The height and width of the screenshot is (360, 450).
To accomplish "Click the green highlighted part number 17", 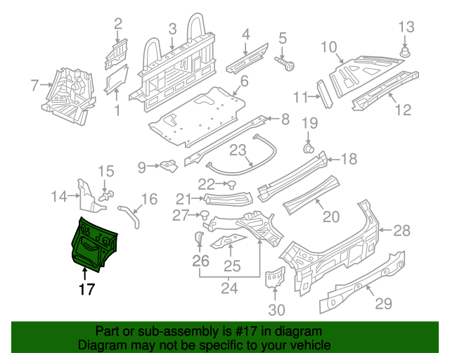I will pyautogui.click(x=94, y=243).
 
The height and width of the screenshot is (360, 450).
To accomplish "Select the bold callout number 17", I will pyautogui.click(x=86, y=288).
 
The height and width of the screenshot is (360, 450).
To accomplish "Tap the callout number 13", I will pyautogui.click(x=407, y=27).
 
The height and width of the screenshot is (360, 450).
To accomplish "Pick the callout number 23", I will pyautogui.click(x=237, y=150).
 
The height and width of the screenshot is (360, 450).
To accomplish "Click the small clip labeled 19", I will pyautogui.click(x=308, y=148).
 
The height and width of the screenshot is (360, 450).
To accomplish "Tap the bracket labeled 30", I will pyautogui.click(x=274, y=278).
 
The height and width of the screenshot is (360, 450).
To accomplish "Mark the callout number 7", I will pyautogui.click(x=34, y=86).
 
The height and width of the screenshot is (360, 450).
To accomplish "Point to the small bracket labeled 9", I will pyautogui.click(x=167, y=166).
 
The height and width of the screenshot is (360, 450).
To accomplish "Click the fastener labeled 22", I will pyautogui.click(x=231, y=186).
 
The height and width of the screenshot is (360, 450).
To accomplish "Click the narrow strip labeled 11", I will pyautogui.click(x=325, y=93).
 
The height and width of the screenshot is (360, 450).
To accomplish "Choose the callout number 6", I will pyautogui.click(x=244, y=82).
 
